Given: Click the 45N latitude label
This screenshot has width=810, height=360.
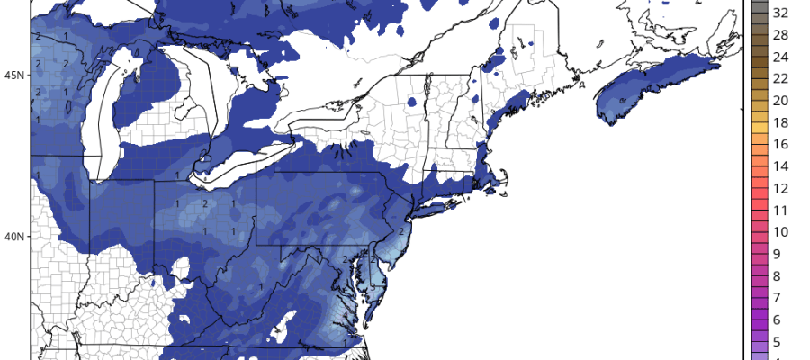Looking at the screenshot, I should pos(13,74).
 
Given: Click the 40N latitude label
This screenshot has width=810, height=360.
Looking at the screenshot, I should pos(13,237).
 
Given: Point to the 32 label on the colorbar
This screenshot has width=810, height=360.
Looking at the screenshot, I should pos(781,13).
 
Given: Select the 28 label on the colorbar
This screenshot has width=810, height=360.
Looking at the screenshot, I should pos(781,34).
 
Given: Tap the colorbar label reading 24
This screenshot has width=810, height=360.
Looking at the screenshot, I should pos(781,56).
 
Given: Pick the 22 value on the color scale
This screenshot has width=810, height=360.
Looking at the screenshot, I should pos(781,78).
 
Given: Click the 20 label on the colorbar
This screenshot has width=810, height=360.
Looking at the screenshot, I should pos(781,100).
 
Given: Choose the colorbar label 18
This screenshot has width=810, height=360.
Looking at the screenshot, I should pos(781,122).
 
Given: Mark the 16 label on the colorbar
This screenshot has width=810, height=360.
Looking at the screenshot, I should pos(781,144).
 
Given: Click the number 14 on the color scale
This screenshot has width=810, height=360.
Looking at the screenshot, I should pos(781,166).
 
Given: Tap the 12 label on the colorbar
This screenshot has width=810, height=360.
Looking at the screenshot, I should pos(781,188).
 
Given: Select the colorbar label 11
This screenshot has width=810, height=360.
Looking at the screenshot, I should pos(781,211).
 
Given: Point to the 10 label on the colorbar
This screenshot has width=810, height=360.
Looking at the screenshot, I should pos(781,232).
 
